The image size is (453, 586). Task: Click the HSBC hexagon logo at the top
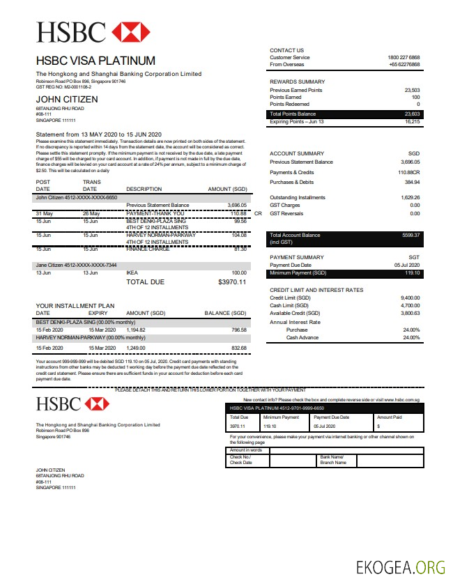(130, 32)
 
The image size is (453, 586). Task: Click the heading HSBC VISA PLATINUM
(95, 61)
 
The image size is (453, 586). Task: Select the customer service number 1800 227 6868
(404, 57)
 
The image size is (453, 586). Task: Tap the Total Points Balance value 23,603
(412, 114)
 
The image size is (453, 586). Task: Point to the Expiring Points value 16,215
(412, 122)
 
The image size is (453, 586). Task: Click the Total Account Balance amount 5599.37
(411, 236)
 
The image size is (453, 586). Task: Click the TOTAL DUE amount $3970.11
(232, 282)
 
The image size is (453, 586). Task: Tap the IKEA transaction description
(132, 273)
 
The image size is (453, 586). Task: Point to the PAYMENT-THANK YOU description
(155, 213)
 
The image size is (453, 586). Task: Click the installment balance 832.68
(238, 348)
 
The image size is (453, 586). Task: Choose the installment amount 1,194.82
(137, 330)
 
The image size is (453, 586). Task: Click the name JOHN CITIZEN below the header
(67, 100)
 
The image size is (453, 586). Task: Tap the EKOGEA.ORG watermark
(400, 567)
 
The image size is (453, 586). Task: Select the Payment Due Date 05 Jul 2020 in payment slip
(325, 426)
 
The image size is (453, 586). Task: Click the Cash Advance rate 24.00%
(411, 338)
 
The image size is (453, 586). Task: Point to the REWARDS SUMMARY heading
(297, 82)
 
